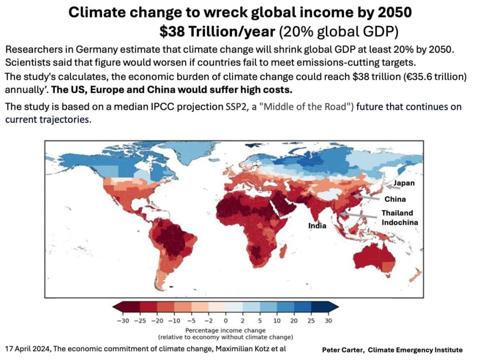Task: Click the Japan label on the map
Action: (x=404, y=183)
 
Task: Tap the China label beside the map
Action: (x=395, y=199)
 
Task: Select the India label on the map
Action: (x=317, y=226)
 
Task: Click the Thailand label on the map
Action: (x=397, y=213)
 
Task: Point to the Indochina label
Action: (x=399, y=222)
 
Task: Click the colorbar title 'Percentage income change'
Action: (x=225, y=330)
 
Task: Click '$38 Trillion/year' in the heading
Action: (x=217, y=31)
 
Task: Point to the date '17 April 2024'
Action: (x=27, y=349)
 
